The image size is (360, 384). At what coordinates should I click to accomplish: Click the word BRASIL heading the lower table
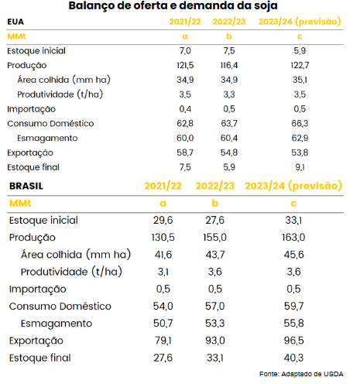[x=26, y=186]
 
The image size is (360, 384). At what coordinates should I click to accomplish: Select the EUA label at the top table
[x=15, y=22]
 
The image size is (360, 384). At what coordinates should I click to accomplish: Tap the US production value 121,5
[x=185, y=65]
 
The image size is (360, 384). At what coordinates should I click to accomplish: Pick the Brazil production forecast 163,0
[x=293, y=237]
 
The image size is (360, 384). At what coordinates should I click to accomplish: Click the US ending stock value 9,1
[x=300, y=167]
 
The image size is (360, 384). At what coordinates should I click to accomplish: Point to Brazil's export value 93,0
[x=215, y=341]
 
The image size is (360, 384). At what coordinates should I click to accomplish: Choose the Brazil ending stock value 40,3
[x=293, y=358]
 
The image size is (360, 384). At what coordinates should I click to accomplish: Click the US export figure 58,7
[x=185, y=153]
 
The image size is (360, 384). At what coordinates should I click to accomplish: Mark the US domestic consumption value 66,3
[x=300, y=123]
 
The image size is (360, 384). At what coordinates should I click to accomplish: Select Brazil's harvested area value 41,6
[x=163, y=255]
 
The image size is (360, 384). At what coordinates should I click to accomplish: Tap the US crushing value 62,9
[x=300, y=138]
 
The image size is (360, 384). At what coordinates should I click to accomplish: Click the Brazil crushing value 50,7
[x=163, y=323]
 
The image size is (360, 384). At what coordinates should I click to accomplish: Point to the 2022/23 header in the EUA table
[x=229, y=22]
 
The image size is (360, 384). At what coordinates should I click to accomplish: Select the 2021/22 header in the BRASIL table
[x=163, y=186]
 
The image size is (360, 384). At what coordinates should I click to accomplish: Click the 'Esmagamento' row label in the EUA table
[x=47, y=139]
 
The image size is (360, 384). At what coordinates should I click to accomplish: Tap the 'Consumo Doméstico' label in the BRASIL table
[x=60, y=307]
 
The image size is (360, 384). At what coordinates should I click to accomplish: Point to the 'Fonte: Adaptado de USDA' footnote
[x=301, y=374]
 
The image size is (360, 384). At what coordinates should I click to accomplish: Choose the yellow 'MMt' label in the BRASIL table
[x=20, y=204]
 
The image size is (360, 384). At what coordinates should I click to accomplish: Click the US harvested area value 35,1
[x=300, y=80]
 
